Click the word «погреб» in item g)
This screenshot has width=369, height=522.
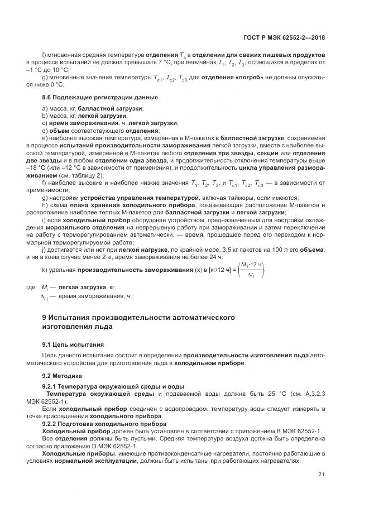point(265,78)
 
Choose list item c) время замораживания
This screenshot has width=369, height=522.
point(110,122)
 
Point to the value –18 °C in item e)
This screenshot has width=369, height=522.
point(52,167)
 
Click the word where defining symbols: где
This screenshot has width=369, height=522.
point(31,287)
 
